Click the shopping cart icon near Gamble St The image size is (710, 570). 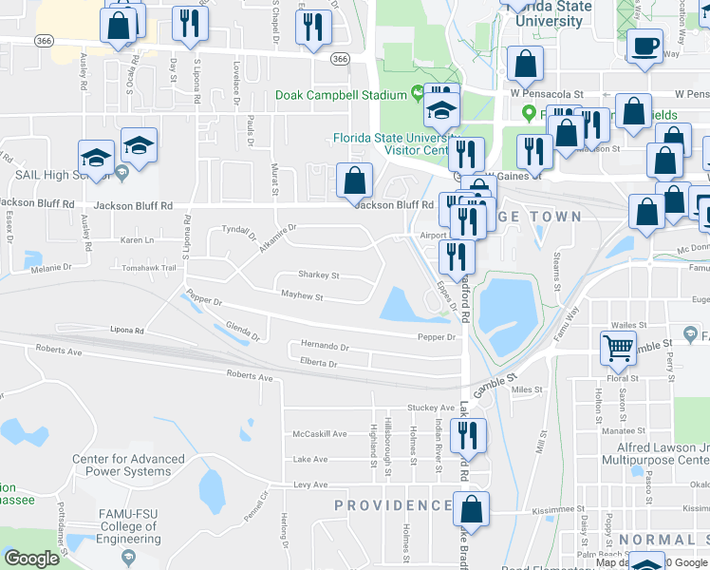tap(618, 348)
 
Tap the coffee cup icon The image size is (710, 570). tap(645, 47)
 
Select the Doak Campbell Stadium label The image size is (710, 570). tap(341, 95)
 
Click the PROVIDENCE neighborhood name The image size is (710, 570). tap(393, 505)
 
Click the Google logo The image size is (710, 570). tap(31, 559)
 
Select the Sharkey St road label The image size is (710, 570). tap(319, 275)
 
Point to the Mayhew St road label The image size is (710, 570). tap(303, 297)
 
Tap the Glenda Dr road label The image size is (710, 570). tap(243, 330)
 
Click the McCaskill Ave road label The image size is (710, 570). tap(320, 434)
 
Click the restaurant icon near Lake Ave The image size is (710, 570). tap(471, 435)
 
